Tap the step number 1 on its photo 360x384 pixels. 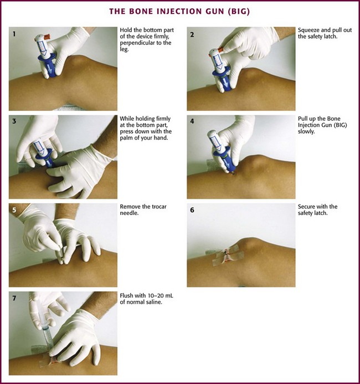[x=14, y=34]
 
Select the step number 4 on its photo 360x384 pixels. [x=192, y=121]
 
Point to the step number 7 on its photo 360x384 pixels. [x=14, y=298]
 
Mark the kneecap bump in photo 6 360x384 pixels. [x=252, y=243]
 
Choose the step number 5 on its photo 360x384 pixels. [x=14, y=210]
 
